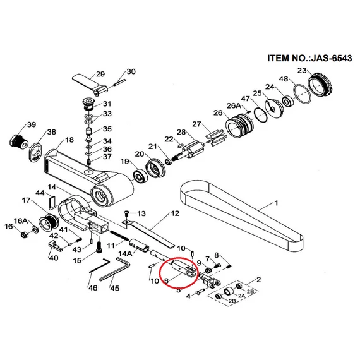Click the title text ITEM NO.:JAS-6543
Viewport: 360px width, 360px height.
309,58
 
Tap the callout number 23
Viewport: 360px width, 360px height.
302,70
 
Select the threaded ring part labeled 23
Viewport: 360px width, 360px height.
320,86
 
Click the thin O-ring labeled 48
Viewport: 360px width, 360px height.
303,93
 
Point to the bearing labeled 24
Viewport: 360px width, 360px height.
288,101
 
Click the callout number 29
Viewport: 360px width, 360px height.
100,74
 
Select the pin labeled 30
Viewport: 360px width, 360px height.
119,83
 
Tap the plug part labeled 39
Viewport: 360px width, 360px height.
19,141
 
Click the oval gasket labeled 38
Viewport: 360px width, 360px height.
35,153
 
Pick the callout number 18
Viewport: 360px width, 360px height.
69,140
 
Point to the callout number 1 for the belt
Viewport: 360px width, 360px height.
276,203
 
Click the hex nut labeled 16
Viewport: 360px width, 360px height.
24,235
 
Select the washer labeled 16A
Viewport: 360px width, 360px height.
35,229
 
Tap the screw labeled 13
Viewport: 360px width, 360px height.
126,213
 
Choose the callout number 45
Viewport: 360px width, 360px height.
114,287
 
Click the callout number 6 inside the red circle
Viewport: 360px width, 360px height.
167,280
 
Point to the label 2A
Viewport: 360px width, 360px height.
241,296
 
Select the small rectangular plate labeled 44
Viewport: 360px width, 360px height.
52,203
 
